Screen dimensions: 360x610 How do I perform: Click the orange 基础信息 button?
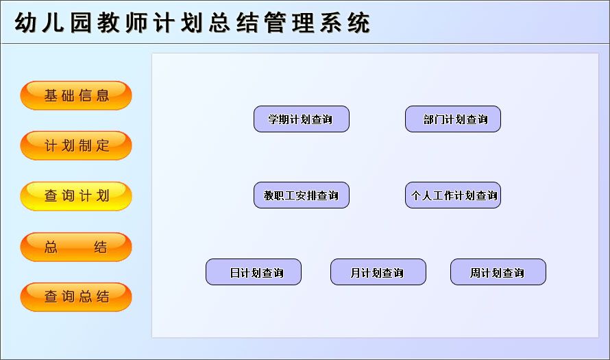click(x=76, y=95)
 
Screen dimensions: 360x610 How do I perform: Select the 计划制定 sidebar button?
click(x=76, y=145)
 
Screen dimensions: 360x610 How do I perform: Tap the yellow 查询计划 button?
click(x=76, y=196)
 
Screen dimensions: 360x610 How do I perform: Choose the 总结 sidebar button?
click(x=76, y=247)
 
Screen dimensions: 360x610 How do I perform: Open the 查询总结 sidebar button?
click(x=76, y=297)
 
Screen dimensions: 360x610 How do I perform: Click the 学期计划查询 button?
click(x=302, y=119)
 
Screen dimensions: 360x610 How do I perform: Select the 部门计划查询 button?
click(x=453, y=119)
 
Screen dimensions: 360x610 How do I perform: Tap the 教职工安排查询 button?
click(x=302, y=195)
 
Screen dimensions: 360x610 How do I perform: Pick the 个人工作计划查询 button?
click(x=453, y=195)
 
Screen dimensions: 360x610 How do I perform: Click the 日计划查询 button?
click(x=254, y=272)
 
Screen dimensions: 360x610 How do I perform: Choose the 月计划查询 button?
click(x=378, y=272)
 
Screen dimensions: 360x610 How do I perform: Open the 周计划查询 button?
click(x=498, y=272)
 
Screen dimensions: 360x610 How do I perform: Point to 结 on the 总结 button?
click(x=101, y=247)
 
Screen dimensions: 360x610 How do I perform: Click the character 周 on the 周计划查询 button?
click(x=476, y=273)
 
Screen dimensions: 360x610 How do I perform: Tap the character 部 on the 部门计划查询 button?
click(x=429, y=120)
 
